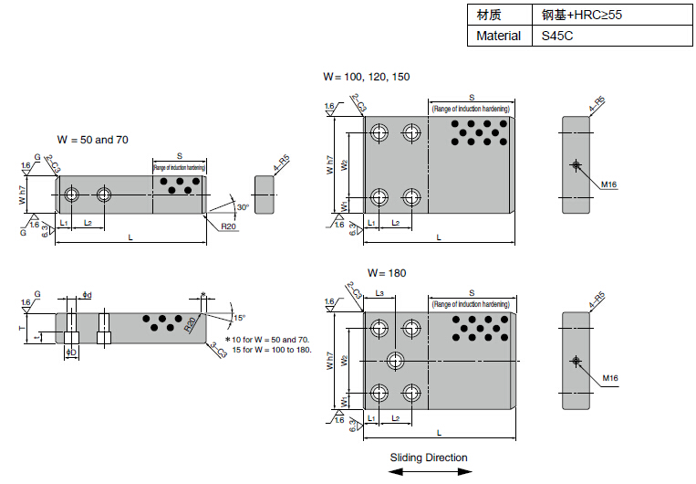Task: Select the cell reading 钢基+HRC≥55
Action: coord(582,15)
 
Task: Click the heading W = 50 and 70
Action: coord(93,140)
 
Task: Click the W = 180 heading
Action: coord(387,273)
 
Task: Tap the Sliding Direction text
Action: coord(429,458)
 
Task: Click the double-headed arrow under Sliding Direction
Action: coord(431,471)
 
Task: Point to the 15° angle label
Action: coord(240,318)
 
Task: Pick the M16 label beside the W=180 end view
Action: coord(609,377)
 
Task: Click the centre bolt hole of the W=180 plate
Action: coord(396,360)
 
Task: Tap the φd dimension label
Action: coord(87,294)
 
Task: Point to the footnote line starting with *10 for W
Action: coord(267,339)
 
